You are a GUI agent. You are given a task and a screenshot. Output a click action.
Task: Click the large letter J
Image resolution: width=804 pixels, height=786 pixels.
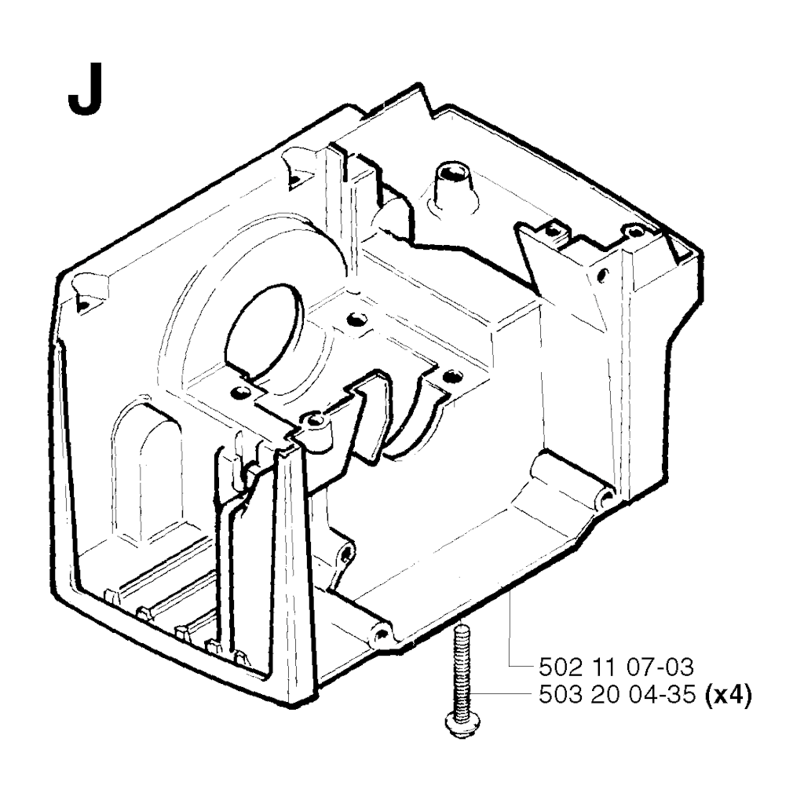pos(85,91)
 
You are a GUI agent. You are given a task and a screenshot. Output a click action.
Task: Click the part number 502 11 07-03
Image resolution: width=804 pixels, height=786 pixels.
pos(616,667)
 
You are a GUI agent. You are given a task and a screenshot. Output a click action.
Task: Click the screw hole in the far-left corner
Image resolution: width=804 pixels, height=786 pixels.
pos(82,305)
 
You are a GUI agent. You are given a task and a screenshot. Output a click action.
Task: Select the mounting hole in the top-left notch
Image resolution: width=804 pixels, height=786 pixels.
pos(295,180)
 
